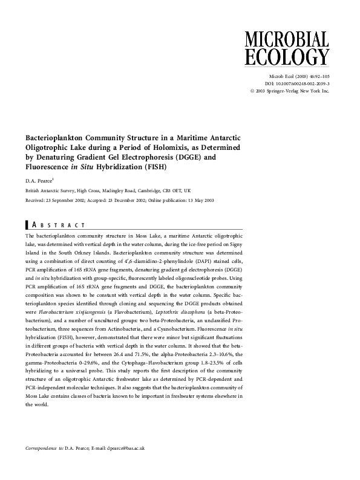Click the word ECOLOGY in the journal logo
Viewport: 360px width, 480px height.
pos(286,57)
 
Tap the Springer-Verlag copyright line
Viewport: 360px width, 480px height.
pos(289,91)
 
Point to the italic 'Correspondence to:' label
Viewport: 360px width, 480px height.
pos(44,448)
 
